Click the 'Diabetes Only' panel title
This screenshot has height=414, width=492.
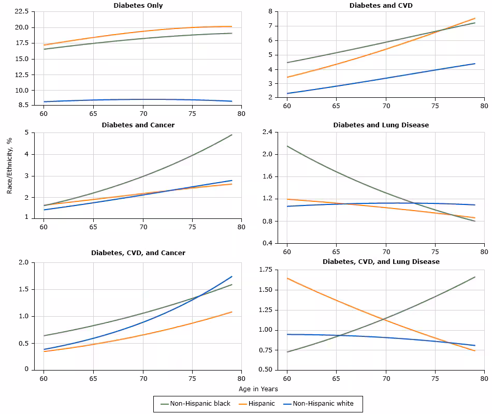(x=138, y=5)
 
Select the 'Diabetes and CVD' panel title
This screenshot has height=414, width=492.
(x=381, y=5)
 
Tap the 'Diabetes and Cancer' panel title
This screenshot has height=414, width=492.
(x=138, y=125)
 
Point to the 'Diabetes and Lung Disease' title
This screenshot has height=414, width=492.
(x=381, y=125)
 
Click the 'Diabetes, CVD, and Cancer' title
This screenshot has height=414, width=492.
(x=138, y=253)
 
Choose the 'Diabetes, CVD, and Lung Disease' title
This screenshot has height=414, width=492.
(x=381, y=262)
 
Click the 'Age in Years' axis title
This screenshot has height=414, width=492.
(x=258, y=389)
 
